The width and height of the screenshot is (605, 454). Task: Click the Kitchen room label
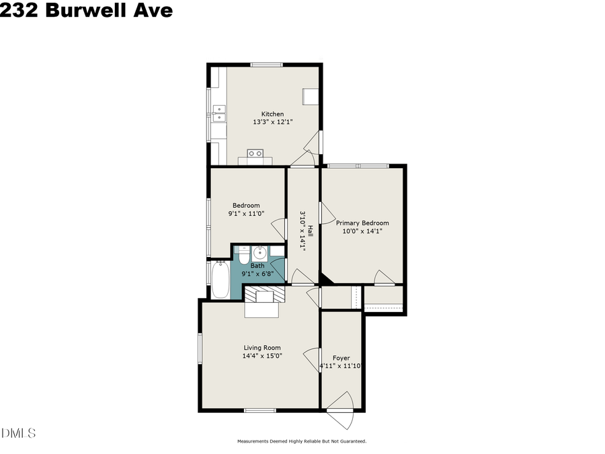[x=268, y=114]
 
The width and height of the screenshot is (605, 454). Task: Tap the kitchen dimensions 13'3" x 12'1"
[x=268, y=122]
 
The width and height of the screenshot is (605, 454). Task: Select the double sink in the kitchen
[x=219, y=113]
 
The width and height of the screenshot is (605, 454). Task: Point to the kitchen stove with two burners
[x=255, y=153]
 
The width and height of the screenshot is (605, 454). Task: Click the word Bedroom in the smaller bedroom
[x=246, y=205]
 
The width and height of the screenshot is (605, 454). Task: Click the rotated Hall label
[x=311, y=231]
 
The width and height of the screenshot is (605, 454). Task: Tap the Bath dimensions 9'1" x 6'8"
[x=257, y=274]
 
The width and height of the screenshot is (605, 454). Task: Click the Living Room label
[x=261, y=348]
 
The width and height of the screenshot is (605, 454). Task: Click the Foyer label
[x=340, y=358]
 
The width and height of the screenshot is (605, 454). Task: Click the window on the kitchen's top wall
[x=266, y=65]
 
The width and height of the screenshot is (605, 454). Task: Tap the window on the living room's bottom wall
[x=257, y=410]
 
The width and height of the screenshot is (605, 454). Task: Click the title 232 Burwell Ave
[x=86, y=11]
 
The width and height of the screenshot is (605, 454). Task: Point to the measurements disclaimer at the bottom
[x=301, y=442]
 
